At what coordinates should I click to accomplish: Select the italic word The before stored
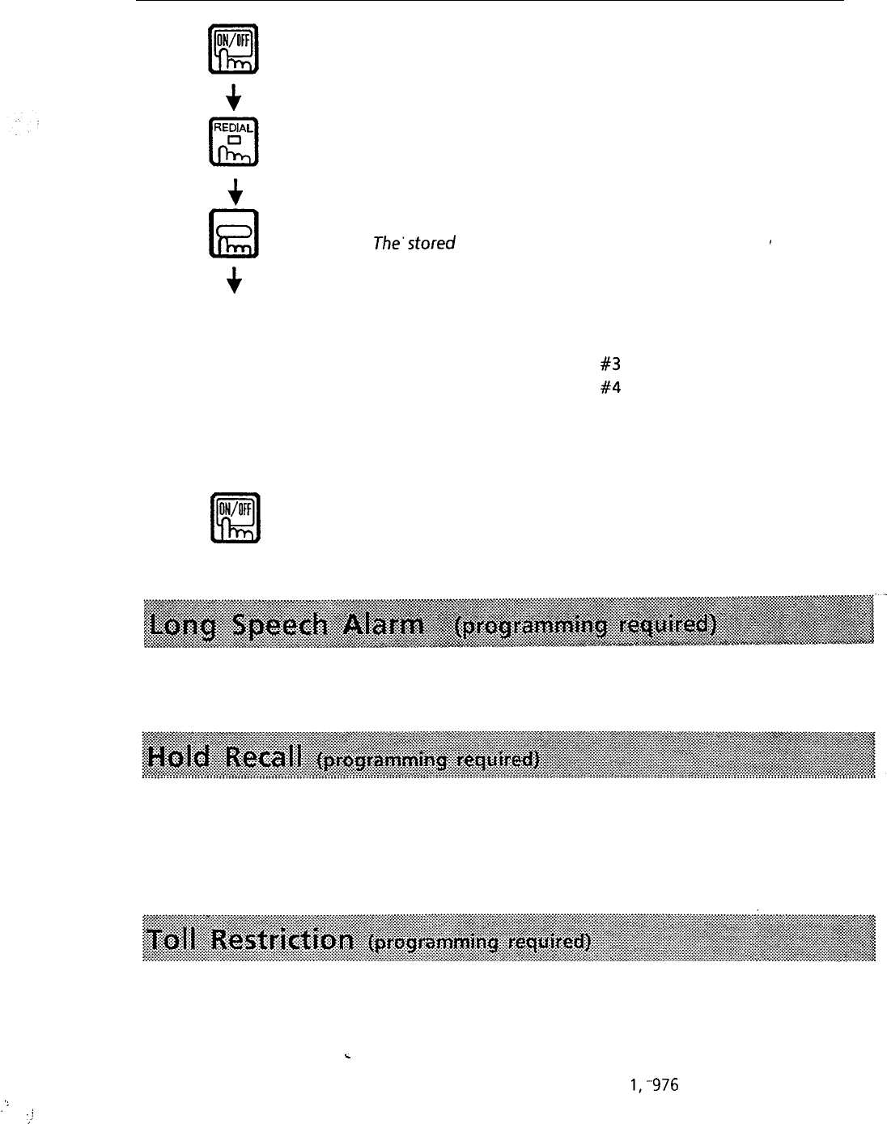pyautogui.click(x=384, y=243)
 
